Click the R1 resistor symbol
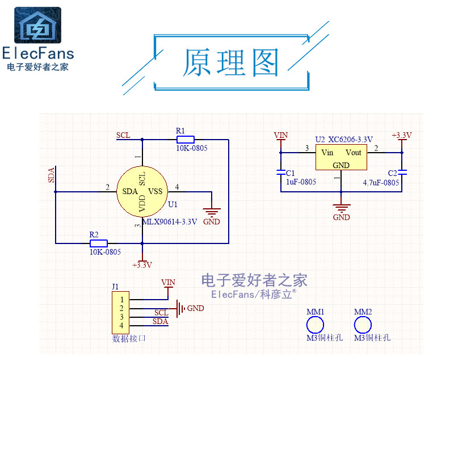185,139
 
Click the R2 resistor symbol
99,243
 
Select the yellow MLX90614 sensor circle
142,192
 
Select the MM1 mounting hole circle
315,325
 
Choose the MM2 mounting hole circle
363,325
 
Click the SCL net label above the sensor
123,135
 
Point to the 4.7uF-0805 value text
381,183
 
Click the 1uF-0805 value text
301,182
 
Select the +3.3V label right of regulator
401,135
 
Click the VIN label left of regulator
280,135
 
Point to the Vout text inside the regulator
353,153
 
